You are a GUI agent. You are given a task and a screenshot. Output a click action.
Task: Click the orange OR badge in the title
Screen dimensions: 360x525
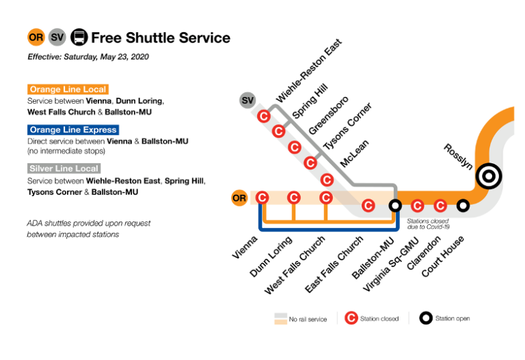(x=36, y=37)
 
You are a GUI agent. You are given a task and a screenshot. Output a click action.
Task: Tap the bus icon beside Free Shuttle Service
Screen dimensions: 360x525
(x=79, y=37)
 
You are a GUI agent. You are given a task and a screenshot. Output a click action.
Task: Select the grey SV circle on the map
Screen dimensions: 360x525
(x=247, y=101)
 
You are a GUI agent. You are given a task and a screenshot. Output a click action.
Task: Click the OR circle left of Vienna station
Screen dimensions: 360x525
(x=239, y=199)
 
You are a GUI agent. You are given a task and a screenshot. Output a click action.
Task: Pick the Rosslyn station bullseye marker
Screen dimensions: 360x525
(x=489, y=177)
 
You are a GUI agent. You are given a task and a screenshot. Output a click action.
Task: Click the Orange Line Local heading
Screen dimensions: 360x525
(x=68, y=89)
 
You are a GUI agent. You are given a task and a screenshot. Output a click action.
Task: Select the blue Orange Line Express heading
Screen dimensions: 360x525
(x=73, y=130)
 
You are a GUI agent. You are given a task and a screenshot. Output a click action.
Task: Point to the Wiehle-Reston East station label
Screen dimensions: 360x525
(x=308, y=71)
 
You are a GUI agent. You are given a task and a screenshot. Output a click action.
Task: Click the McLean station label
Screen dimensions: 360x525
(x=355, y=154)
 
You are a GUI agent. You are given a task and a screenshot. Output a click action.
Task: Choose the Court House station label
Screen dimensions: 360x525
(x=443, y=256)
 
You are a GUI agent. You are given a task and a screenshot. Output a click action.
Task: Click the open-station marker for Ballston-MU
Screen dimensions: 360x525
(x=394, y=205)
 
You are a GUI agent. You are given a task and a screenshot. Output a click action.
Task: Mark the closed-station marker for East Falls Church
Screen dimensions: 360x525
(x=368, y=205)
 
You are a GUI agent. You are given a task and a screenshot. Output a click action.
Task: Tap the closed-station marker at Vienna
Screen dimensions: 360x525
(x=262, y=198)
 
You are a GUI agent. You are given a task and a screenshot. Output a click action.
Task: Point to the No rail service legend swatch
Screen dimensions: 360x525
(x=280, y=318)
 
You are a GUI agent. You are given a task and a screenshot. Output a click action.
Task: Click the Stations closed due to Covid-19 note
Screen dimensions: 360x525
(x=429, y=224)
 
